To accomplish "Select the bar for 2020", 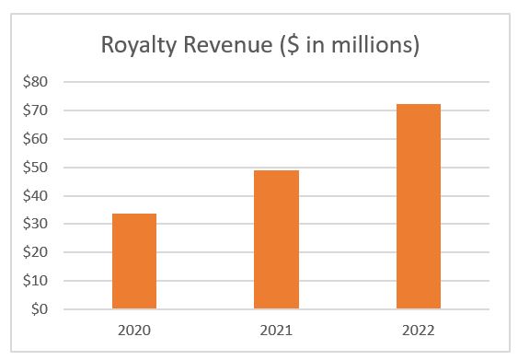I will point(134,261).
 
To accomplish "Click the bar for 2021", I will point(276,239).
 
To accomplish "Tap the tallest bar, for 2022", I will point(419,206).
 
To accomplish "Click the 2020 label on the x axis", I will point(134,331).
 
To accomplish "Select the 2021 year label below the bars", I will point(276,331).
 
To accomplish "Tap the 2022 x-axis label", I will point(419,331).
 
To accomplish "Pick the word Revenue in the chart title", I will point(226,45).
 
